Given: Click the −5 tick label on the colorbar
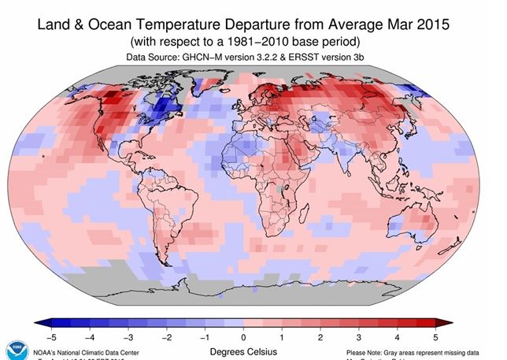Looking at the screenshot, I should [x=51, y=336].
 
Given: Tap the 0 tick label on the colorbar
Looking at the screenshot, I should [x=244, y=336].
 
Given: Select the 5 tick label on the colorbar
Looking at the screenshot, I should [x=435, y=336].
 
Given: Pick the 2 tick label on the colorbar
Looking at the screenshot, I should [x=320, y=336].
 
